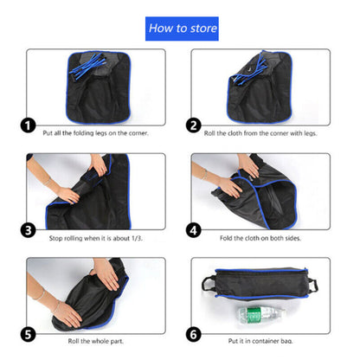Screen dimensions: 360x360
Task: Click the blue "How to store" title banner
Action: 182,29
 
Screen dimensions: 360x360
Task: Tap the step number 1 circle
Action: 28,125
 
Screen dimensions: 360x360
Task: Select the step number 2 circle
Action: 193,125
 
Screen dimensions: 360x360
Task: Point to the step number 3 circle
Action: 28,230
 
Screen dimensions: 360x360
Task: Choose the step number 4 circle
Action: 193,230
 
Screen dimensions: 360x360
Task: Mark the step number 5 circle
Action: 28,334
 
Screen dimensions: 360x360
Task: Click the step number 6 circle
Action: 193,334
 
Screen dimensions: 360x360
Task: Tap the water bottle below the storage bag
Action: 260,315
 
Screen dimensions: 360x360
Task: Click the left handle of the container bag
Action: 209,284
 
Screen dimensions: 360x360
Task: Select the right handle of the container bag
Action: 312,286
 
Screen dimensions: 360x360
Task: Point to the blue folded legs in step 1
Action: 87,67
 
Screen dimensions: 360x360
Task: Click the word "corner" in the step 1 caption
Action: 138,133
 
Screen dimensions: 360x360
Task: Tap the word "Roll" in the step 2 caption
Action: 209,133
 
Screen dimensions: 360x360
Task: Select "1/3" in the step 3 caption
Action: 137,238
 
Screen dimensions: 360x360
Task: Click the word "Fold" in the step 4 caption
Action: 226,238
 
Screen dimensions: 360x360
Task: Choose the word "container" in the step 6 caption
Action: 265,341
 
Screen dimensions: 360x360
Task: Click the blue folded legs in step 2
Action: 248,70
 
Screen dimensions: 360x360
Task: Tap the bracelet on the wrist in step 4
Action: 204,174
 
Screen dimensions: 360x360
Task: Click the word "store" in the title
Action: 203,29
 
